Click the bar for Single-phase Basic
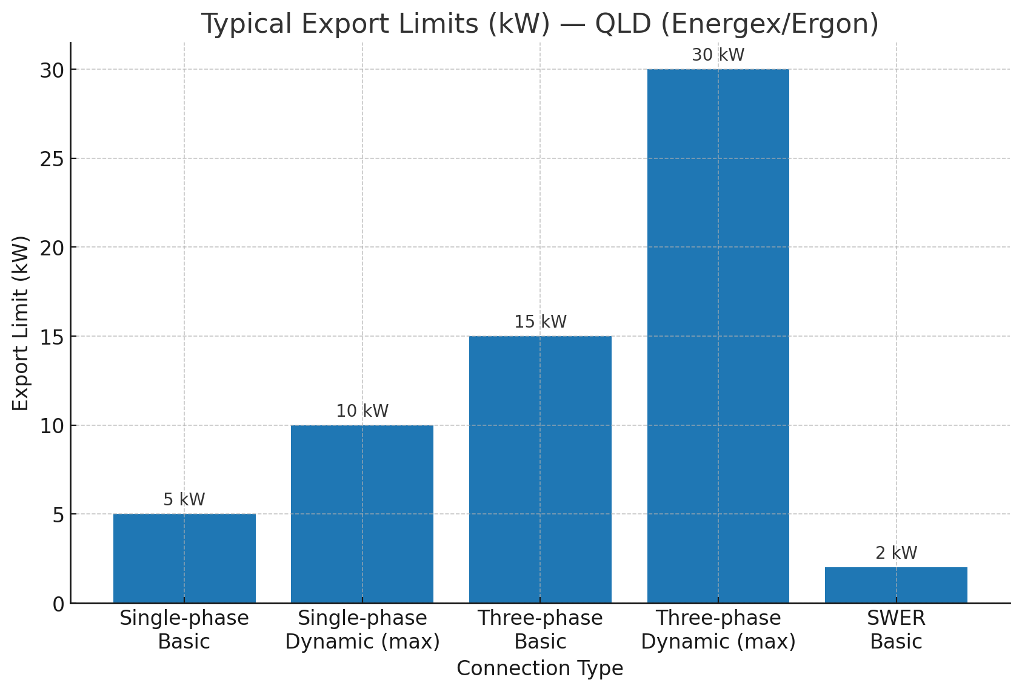(x=184, y=558)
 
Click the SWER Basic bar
(x=896, y=585)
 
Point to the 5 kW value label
(x=184, y=500)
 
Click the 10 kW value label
(x=362, y=411)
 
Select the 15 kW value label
(x=540, y=322)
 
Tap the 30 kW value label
(x=718, y=55)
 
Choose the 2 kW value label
(x=896, y=553)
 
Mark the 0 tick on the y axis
(x=58, y=604)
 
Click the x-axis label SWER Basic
(x=896, y=630)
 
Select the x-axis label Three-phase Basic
(x=540, y=630)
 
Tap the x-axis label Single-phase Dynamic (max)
(x=362, y=630)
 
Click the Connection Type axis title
(x=539, y=669)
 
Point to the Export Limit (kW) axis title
(x=21, y=323)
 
